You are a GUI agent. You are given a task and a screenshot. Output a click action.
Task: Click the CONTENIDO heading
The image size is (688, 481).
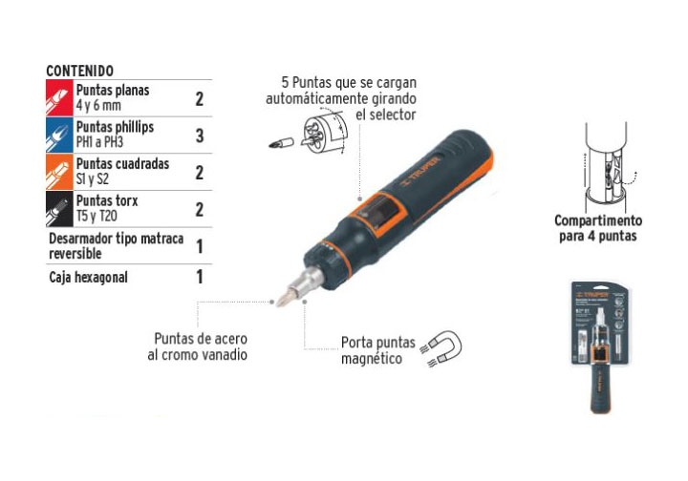[x=79, y=72]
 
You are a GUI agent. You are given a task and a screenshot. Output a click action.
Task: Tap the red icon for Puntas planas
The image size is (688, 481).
[x=59, y=98]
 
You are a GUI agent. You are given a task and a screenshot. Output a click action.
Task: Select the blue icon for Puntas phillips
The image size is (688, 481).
[x=59, y=136]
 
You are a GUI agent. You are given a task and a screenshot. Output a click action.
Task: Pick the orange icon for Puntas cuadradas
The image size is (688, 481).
[x=59, y=172]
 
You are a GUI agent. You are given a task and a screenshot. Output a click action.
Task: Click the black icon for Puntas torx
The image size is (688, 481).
[x=59, y=208]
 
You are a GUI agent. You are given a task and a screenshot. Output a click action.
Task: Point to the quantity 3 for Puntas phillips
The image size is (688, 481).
[x=200, y=136]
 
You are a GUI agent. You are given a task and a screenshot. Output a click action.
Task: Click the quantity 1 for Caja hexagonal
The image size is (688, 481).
[x=200, y=278]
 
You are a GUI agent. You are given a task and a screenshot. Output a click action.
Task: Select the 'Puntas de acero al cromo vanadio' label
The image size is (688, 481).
[x=201, y=346]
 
